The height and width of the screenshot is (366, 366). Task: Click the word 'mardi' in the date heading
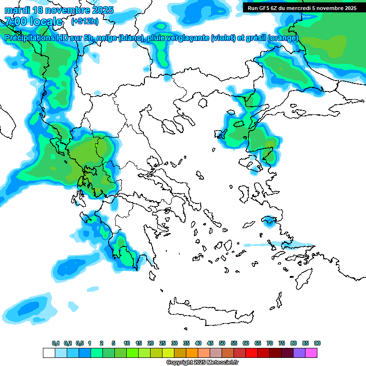tap(17, 10)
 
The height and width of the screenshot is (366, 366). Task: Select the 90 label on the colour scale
tap(317, 343)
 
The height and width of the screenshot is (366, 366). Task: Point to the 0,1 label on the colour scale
tap(56, 343)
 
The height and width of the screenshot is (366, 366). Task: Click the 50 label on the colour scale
tap(222, 343)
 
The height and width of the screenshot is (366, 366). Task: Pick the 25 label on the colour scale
tap(163, 343)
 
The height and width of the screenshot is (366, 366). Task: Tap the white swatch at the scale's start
tap(49, 353)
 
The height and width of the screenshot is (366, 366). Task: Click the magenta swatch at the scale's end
tap(311, 353)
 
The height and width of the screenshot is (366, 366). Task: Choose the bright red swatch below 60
tap(252, 353)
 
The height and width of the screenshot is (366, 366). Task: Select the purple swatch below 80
tap(299, 353)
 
